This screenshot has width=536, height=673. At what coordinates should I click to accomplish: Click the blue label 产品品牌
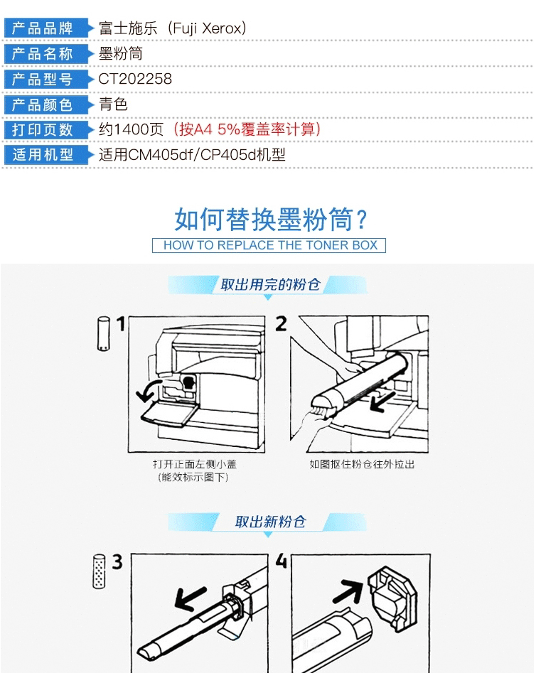click(x=42, y=28)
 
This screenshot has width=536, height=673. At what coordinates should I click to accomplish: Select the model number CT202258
click(x=135, y=79)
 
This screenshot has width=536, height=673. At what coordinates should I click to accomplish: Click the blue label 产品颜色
click(x=42, y=104)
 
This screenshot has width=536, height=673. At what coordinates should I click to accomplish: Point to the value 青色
click(x=114, y=104)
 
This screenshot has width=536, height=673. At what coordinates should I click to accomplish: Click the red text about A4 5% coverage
click(x=247, y=129)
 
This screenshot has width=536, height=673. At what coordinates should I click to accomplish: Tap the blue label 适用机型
click(x=42, y=154)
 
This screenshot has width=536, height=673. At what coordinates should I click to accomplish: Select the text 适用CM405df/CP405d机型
click(x=192, y=154)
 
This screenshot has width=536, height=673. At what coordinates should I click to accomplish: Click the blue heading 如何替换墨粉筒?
click(x=271, y=220)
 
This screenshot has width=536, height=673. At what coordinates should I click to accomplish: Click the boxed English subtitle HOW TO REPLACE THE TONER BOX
click(x=269, y=245)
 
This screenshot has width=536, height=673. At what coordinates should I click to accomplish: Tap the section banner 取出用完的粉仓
click(x=270, y=284)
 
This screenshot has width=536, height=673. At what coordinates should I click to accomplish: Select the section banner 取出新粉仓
click(x=270, y=522)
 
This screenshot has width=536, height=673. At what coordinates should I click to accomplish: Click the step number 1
click(x=121, y=323)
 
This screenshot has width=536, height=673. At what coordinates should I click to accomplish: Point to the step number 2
click(x=282, y=323)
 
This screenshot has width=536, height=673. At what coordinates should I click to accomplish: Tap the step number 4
click(x=282, y=561)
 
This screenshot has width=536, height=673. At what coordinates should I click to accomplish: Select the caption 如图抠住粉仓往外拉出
click(x=362, y=464)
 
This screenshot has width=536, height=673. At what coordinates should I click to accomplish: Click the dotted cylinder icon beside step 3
click(x=99, y=571)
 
